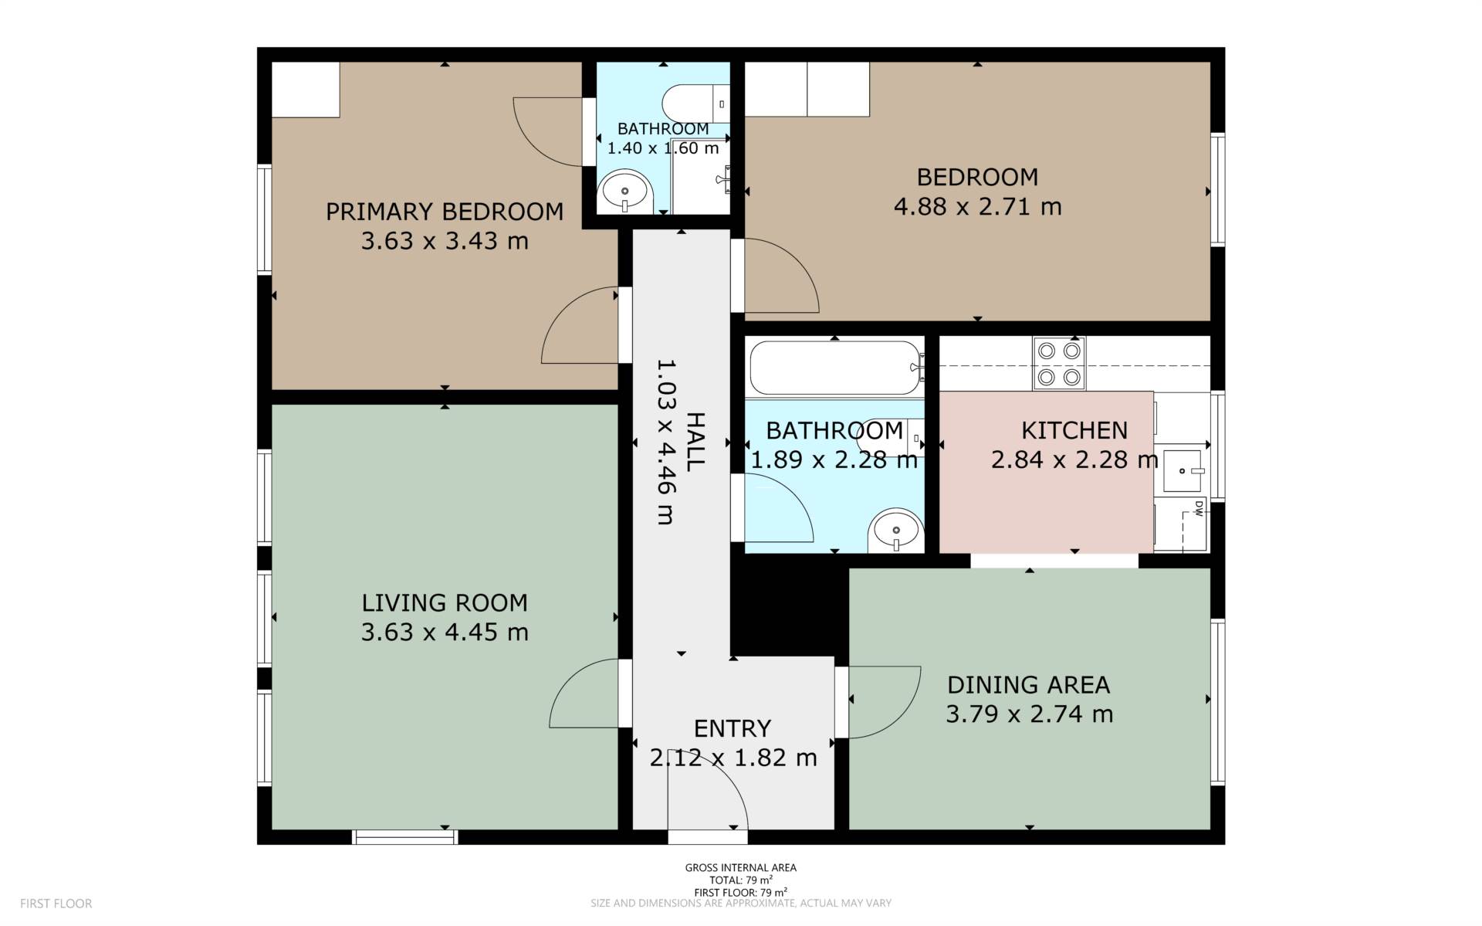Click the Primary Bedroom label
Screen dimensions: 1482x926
[x=445, y=212]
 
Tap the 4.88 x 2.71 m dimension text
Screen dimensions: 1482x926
[x=977, y=207]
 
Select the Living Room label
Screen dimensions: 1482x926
[x=445, y=602]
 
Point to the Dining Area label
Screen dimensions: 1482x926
[x=1029, y=685]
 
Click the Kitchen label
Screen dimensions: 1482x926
[x=1074, y=430]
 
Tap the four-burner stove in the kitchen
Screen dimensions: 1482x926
[x=1059, y=364]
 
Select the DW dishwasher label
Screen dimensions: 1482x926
[x=1199, y=508]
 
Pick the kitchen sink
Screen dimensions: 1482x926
[x=1183, y=470]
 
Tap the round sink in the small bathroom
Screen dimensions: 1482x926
[x=625, y=191]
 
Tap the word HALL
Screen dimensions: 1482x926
[x=695, y=442]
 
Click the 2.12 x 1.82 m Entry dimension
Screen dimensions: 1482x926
[x=733, y=758]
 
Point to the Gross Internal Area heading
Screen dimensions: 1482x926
[x=741, y=867]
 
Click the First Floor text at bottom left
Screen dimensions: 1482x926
[x=56, y=903]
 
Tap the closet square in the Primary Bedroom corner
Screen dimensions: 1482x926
[x=306, y=90]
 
